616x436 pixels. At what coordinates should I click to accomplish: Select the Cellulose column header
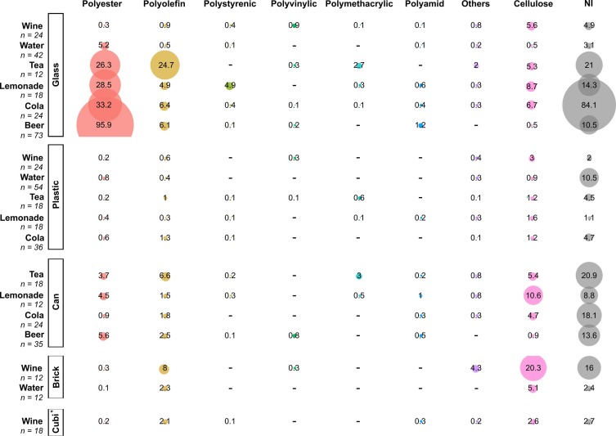point(532,6)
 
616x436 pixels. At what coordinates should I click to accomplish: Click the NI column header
point(589,6)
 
